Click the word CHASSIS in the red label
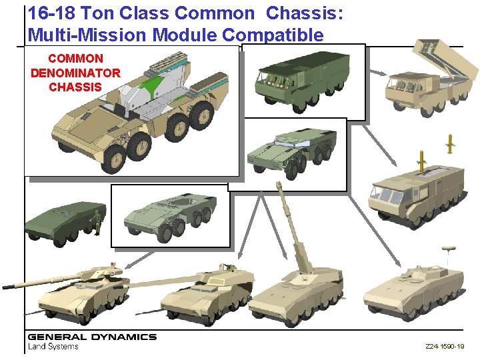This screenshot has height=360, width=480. tap(75, 87)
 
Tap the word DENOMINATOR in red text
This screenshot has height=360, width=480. tap(75, 73)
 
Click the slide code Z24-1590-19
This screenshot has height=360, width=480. tap(445, 347)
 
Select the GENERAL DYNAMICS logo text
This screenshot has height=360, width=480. tap(92, 337)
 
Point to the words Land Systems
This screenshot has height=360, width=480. tap(53, 346)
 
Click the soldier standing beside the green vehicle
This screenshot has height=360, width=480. tap(97, 221)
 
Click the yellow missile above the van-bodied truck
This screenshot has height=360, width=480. tap(421, 159)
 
